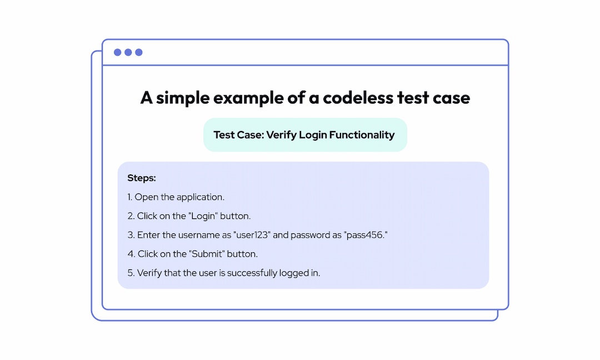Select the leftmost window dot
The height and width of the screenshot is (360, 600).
click(x=117, y=52)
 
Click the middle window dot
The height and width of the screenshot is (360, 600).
click(x=128, y=52)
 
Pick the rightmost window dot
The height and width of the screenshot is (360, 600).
click(x=139, y=52)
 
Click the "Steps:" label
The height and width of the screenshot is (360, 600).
click(x=142, y=178)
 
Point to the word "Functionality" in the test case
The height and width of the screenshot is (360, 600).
click(x=362, y=135)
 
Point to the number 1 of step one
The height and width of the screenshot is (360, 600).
click(x=129, y=197)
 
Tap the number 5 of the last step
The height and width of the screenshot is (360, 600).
click(x=130, y=273)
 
